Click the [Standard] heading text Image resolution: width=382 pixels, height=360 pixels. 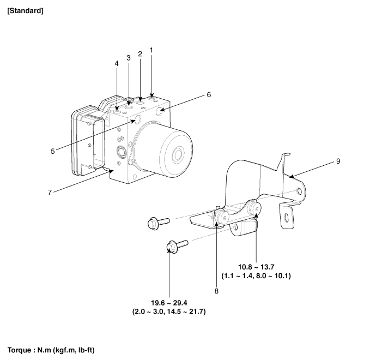25,11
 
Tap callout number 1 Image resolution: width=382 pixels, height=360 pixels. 151,50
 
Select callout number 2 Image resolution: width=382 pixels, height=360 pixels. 140,54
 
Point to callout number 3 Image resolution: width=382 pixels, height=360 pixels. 129,58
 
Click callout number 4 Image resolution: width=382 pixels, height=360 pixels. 117,63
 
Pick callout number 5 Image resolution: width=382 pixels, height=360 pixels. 53,151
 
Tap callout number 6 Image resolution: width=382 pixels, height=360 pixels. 209,94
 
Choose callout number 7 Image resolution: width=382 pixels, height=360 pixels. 50,193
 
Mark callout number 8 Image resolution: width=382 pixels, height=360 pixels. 216,291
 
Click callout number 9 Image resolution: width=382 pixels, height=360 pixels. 338,161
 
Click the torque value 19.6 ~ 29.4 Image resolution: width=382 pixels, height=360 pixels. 169,303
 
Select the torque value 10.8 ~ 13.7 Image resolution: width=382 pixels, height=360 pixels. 256,267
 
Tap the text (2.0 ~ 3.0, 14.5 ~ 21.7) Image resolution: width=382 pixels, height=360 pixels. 169,311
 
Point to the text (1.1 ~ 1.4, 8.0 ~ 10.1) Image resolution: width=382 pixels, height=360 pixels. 256,276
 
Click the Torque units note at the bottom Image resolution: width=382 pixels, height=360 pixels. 51,350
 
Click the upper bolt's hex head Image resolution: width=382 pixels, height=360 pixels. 153,224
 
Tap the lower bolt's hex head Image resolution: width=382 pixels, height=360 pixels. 172,247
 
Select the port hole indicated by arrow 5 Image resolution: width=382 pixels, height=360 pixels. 138,119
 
